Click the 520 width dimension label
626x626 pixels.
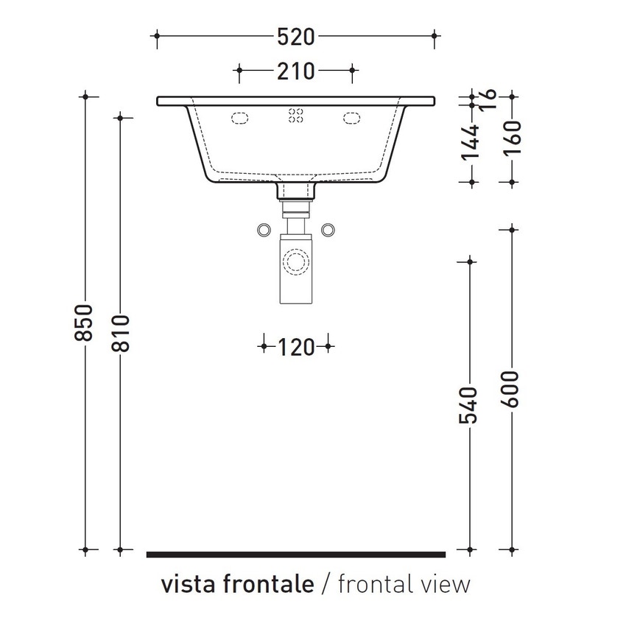tap(296, 36)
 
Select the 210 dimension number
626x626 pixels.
tap(296, 71)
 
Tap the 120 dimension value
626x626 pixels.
tap(296, 346)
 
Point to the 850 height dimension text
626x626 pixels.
tap(85, 322)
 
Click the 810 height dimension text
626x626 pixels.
tap(120, 333)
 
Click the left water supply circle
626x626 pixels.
tap(263, 230)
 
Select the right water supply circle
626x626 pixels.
tap(328, 230)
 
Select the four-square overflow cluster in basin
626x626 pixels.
tap(296, 116)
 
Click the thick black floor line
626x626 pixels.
tap(296, 553)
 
